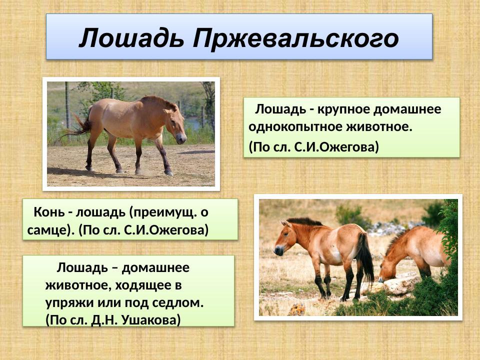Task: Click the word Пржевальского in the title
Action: [x=296, y=38]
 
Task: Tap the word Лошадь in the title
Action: [x=131, y=38]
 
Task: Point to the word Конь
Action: [x=49, y=212]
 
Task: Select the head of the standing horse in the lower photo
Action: [x=284, y=238]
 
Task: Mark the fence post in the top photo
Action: [x=66, y=105]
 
